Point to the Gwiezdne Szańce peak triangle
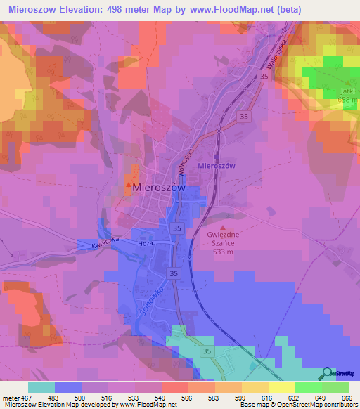224,228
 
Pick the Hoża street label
146,243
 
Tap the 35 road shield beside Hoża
176,228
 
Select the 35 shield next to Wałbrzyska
264,76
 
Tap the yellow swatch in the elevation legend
281,387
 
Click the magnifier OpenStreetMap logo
326,372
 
